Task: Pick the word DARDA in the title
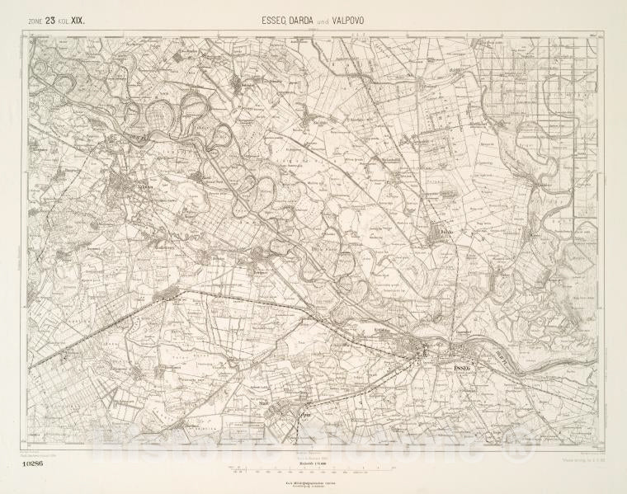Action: [x=305, y=16]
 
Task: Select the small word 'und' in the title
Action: [x=332, y=17]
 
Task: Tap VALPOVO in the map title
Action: [x=361, y=16]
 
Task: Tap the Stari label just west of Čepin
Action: [x=265, y=403]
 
